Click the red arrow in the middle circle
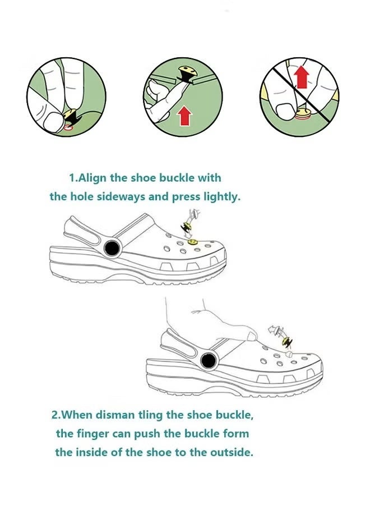click(185, 116)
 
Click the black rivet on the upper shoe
click(112, 247)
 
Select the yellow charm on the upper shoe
click(192, 242)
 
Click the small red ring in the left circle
click(68, 127)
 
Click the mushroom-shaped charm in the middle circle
click(185, 74)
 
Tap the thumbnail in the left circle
click(52, 122)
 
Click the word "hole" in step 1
click(82, 196)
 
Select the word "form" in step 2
click(237, 434)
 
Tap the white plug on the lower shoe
click(289, 354)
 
